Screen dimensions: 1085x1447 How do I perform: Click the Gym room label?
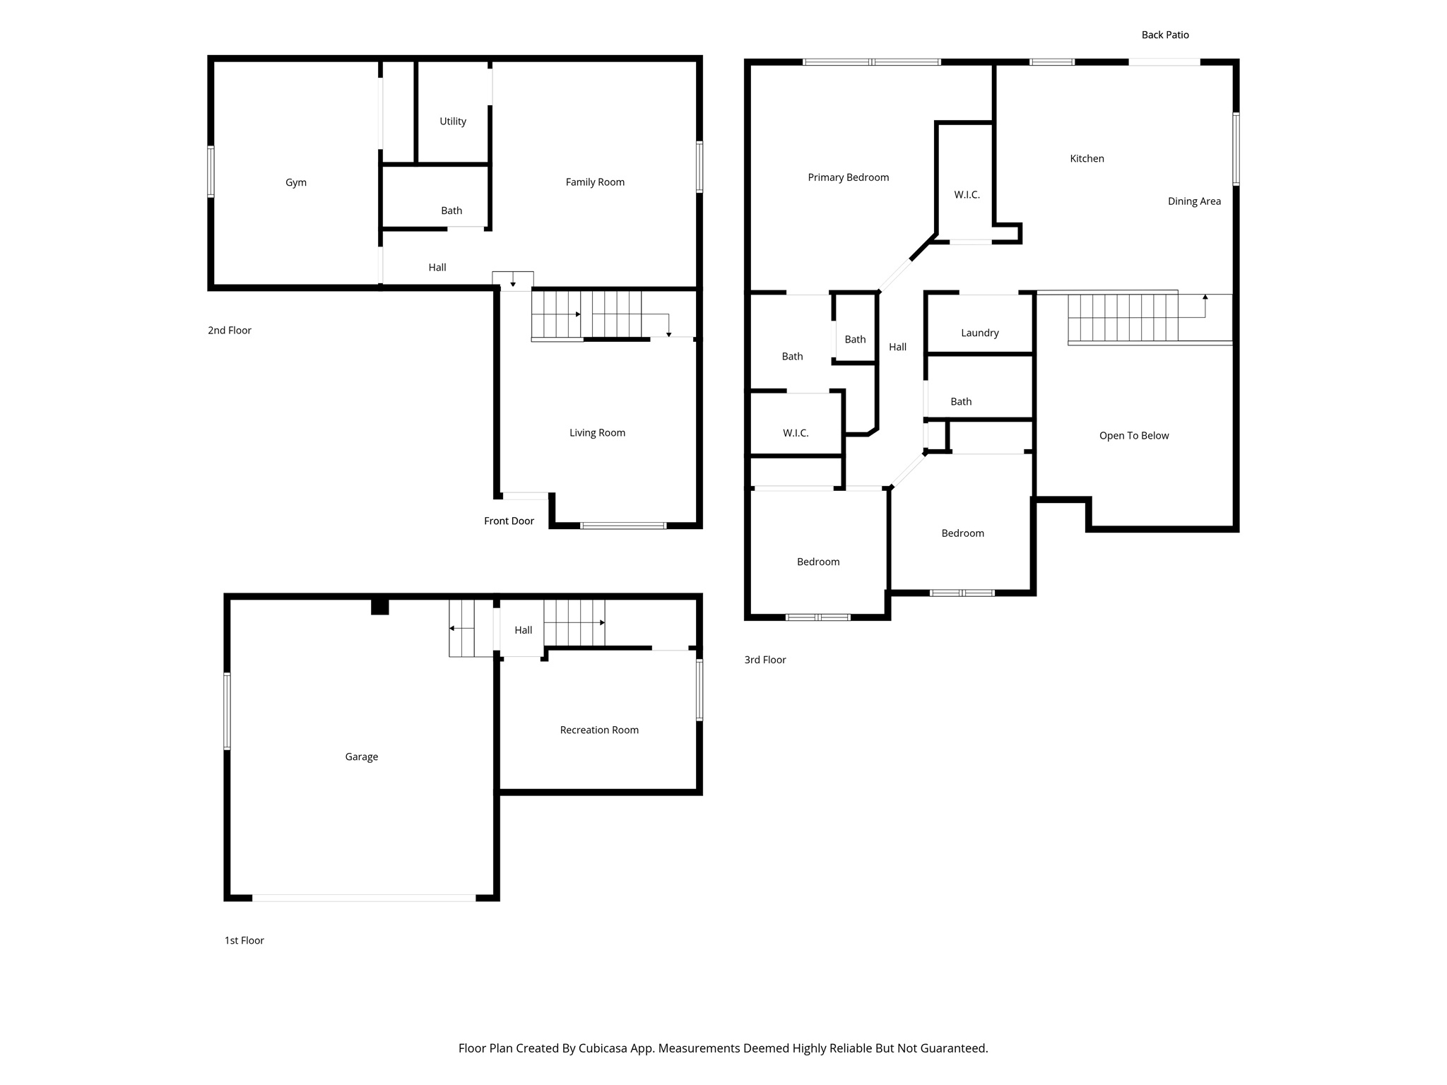pyautogui.click(x=295, y=182)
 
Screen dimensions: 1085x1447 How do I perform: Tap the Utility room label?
pyautogui.click(x=453, y=121)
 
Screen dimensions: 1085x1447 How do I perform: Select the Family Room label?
pyautogui.click(x=595, y=182)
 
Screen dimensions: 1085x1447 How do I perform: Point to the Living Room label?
pyautogui.click(x=597, y=433)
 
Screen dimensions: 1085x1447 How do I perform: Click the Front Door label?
pyautogui.click(x=509, y=521)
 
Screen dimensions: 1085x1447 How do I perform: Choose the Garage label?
pyautogui.click(x=361, y=757)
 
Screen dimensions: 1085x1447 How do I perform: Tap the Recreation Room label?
pyautogui.click(x=599, y=730)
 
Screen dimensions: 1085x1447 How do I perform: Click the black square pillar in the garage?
pyautogui.click(x=380, y=607)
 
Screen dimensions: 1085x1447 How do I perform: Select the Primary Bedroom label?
pyautogui.click(x=848, y=177)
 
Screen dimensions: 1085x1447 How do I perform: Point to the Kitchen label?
pyautogui.click(x=1087, y=159)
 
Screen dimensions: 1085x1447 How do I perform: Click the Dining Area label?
pyautogui.click(x=1194, y=201)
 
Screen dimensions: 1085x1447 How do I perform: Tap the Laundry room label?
pyautogui.click(x=979, y=333)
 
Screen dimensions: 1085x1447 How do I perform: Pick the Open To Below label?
pyautogui.click(x=1134, y=436)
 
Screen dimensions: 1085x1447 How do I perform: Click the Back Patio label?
pyautogui.click(x=1165, y=35)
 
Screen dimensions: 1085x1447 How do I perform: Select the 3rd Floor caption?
pyautogui.click(x=765, y=660)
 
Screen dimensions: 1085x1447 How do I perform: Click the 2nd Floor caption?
pyautogui.click(x=230, y=331)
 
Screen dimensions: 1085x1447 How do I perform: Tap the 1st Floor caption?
pyautogui.click(x=244, y=940)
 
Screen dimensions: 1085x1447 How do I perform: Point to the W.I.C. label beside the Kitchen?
pyautogui.click(x=967, y=195)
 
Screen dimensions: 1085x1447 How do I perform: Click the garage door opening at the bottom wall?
pyautogui.click(x=364, y=898)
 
